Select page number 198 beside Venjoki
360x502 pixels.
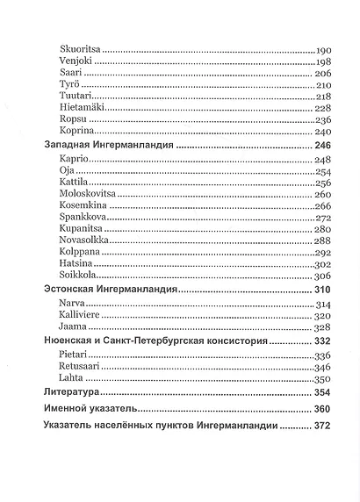click(x=323, y=66)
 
